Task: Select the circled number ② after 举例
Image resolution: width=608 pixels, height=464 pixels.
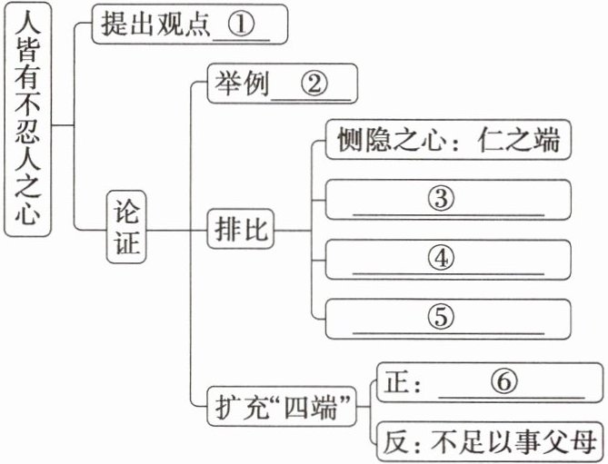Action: tap(311, 85)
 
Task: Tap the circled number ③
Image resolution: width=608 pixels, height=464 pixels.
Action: tap(440, 200)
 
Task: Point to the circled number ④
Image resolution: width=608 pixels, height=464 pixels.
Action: tap(440, 258)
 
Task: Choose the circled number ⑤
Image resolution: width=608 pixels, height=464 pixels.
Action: tap(440, 316)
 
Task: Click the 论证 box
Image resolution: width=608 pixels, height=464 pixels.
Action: tap(127, 226)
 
